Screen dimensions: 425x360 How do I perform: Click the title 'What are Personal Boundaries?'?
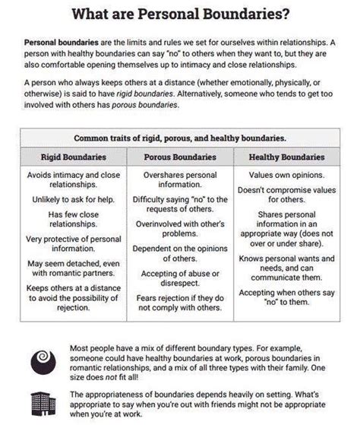pos(180,13)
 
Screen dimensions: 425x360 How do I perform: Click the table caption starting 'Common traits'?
pos(179,138)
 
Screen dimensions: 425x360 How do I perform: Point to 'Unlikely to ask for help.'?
pos(72,199)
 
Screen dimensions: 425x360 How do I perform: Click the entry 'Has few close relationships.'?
pos(72,220)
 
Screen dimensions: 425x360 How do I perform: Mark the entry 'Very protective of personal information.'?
pos(72,246)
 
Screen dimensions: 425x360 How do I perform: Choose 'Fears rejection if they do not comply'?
pos(179,303)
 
